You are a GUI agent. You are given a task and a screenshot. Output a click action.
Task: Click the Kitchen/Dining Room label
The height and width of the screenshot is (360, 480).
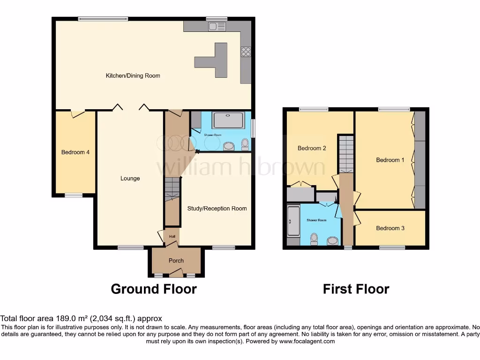(x=133, y=75)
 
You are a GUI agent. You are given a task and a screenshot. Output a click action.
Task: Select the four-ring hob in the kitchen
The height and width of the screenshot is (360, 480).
(x=246, y=52)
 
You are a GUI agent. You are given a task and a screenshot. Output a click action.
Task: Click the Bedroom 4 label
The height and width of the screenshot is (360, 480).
(x=75, y=152)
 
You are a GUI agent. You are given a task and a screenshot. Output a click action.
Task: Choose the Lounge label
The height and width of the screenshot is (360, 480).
(x=130, y=178)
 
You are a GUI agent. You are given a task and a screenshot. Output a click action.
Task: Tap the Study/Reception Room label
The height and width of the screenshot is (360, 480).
(x=217, y=209)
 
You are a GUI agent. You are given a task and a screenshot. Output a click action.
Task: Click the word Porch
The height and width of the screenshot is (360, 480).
(x=176, y=261)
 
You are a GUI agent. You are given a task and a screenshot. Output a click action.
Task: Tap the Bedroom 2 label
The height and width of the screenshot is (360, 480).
(x=312, y=148)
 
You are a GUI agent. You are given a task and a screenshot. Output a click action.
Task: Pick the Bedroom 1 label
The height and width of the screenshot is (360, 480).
(x=390, y=160)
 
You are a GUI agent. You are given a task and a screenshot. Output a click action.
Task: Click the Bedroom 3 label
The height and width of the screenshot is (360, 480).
(x=390, y=228)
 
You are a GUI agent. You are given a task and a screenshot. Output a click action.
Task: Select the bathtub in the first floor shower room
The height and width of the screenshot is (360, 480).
(x=293, y=221)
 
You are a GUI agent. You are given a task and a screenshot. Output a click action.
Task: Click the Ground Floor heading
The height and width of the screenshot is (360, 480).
(x=154, y=289)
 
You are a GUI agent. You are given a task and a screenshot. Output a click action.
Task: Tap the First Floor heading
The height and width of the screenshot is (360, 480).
(x=356, y=289)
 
